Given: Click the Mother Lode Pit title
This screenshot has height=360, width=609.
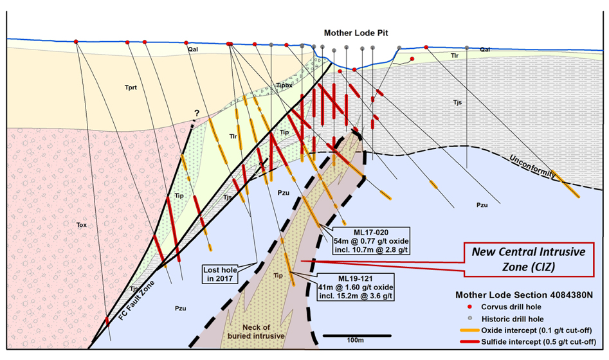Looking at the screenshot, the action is click(x=356, y=33).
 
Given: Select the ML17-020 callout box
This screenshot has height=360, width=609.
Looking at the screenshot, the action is click(x=371, y=241).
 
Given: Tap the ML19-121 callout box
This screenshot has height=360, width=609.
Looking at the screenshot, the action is click(x=356, y=287).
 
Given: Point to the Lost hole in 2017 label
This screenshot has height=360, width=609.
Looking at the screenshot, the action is click(x=220, y=274).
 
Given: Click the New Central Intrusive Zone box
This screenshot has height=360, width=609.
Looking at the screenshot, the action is click(x=529, y=260).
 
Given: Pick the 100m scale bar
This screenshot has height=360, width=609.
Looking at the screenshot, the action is click(x=356, y=336).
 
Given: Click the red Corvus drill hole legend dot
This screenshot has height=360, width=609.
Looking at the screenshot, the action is click(x=469, y=307).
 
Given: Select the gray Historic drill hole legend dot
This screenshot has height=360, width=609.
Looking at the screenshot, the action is click(x=469, y=318).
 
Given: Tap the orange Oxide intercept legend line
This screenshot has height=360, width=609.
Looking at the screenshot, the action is click(x=469, y=330).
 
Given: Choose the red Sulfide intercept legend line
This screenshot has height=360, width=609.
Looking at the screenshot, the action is click(x=469, y=342).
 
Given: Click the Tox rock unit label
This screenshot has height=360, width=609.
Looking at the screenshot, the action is click(x=82, y=225).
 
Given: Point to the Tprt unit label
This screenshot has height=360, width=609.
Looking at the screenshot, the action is click(x=131, y=87).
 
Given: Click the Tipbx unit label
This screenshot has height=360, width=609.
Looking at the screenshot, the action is click(x=284, y=85).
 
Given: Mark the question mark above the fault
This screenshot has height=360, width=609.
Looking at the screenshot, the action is click(x=197, y=113).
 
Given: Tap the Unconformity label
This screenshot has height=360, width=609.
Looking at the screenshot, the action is click(x=532, y=166).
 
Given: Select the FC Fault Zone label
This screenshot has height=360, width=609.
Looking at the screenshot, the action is click(x=137, y=301).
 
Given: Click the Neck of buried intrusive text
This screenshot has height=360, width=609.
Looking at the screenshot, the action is click(x=256, y=332).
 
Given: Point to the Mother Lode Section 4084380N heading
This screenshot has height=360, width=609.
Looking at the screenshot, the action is click(x=524, y=295).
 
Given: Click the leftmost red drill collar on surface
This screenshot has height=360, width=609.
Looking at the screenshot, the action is click(x=76, y=42).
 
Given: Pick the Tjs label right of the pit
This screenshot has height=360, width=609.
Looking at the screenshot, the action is click(x=457, y=102).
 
